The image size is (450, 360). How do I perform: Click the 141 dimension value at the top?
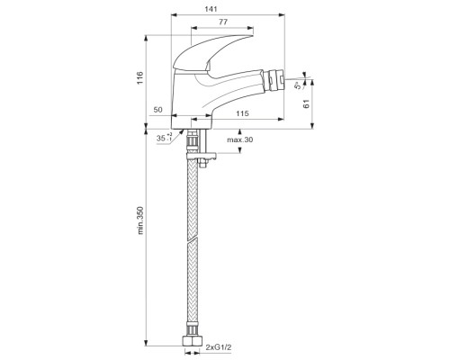211,9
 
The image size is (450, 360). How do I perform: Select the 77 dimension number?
223,22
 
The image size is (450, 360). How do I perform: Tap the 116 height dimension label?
140,78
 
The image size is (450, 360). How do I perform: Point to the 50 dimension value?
157,110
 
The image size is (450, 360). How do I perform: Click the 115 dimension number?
242,113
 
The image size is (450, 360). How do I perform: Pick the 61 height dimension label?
306,104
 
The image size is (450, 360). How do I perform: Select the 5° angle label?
298,85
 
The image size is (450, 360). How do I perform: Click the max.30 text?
239,139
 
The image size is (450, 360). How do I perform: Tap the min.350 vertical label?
140,220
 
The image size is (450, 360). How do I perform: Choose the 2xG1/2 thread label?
219,347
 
